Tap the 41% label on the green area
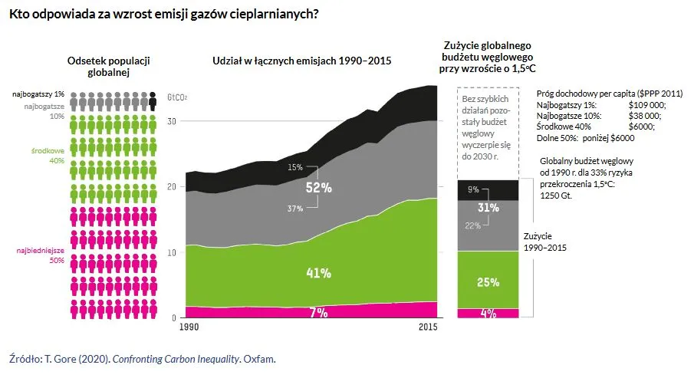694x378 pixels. tap(318, 273)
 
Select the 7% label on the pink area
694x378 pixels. tap(318, 312)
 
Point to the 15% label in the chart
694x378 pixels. tap(295, 167)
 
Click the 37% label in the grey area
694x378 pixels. tap(295, 209)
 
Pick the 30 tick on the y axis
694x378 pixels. tap(172, 121)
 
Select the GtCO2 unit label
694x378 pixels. tap(177, 98)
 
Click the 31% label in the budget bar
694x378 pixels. tap(488, 207)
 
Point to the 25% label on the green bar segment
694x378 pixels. tap(488, 282)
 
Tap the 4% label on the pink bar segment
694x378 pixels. tap(488, 313)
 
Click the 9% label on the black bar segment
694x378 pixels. tap(473, 189)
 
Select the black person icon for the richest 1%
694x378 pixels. tap(153, 101)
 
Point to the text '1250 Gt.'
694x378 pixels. tap(557, 195)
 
